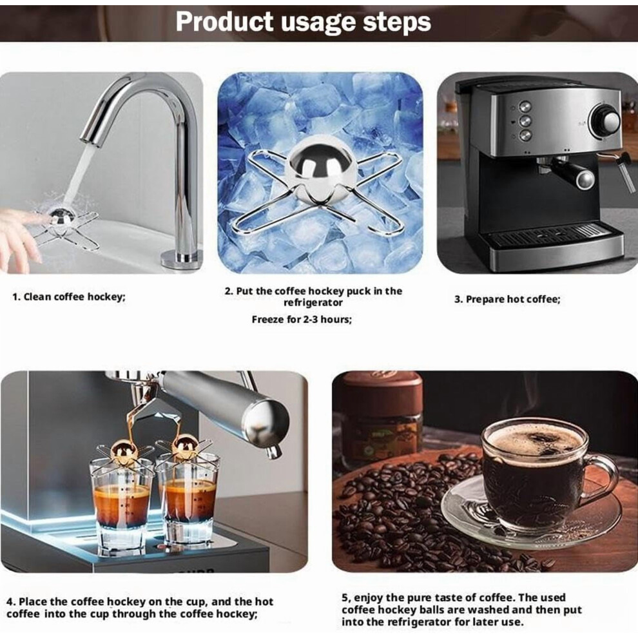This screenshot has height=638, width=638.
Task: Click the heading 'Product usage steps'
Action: point(303,21)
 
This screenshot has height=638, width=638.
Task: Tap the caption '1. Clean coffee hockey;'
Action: point(69,296)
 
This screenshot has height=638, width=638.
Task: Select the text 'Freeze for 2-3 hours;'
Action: point(302,320)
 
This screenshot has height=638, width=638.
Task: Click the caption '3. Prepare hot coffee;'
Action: point(507,300)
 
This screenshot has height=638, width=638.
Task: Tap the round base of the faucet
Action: point(182,259)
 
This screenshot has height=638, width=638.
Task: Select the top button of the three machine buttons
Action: point(525,107)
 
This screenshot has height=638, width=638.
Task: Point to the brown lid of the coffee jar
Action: point(382,387)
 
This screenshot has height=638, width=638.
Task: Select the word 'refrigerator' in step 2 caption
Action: point(313,303)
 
